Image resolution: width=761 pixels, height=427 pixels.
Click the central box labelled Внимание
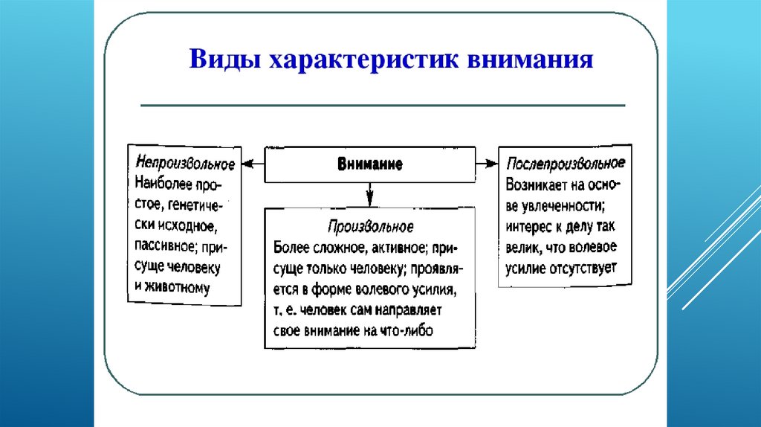point(369,164)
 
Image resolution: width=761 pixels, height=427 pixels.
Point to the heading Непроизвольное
point(185,163)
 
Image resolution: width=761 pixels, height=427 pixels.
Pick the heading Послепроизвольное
point(565,163)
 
